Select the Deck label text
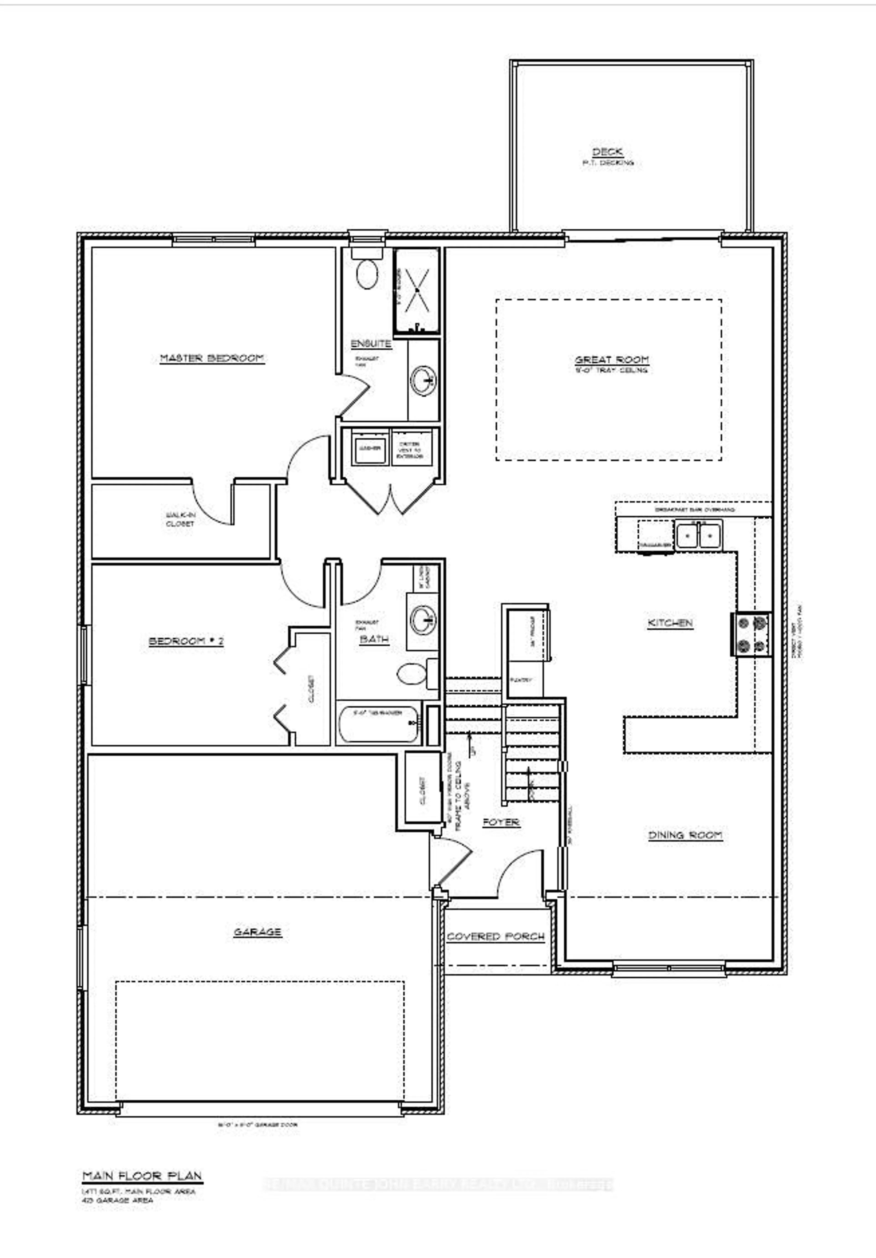[607, 152]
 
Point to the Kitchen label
[670, 623]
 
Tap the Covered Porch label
[496, 936]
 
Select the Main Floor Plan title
[142, 1176]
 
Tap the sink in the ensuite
[423, 379]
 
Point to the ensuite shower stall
[417, 290]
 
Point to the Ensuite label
[371, 344]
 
